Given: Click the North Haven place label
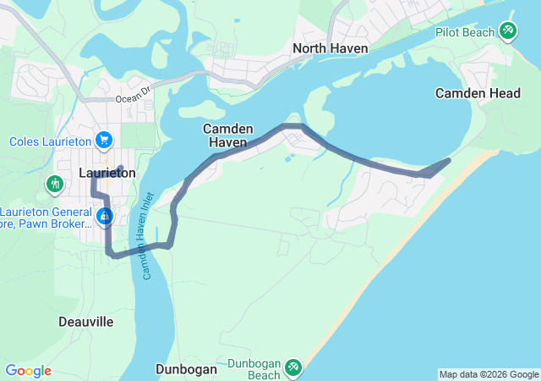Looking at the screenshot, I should [330, 48].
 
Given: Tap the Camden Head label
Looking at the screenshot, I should [478, 93].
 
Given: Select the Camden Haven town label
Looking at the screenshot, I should [225, 135].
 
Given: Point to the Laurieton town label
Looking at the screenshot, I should [107, 173].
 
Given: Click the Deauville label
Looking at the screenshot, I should [86, 322].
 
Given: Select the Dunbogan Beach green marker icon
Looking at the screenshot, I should [292, 367].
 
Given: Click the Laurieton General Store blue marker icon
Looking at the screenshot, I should [104, 217].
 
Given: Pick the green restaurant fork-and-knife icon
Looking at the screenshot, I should [55, 183].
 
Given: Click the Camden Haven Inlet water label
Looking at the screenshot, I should [150, 246].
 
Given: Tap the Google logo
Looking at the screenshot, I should [28, 371].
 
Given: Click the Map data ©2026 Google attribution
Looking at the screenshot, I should [489, 374].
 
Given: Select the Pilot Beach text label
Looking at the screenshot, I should [463, 32].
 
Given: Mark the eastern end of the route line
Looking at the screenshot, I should [449, 159].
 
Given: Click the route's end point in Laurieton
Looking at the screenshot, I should [122, 167].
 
